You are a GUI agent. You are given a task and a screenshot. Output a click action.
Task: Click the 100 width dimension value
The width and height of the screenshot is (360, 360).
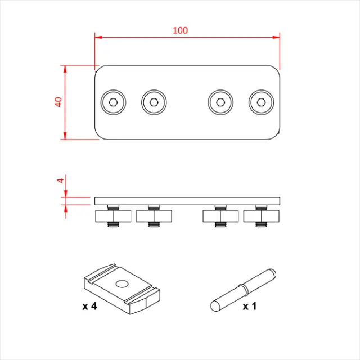pyautogui.click(x=180, y=30)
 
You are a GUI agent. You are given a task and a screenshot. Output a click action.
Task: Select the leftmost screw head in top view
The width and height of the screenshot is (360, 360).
pyautogui.click(x=113, y=102)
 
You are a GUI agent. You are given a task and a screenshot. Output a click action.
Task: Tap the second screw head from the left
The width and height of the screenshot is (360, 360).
pyautogui.click(x=154, y=102)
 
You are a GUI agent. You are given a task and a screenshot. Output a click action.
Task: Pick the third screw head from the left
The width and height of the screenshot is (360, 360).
pyautogui.click(x=220, y=102)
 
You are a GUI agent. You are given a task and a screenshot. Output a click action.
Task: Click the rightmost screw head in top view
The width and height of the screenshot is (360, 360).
pyautogui.click(x=261, y=102)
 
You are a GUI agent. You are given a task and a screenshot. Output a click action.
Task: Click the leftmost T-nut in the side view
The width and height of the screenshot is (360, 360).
pyautogui.click(x=113, y=216)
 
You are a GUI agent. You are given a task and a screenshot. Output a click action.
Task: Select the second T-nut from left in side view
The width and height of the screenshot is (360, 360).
pyautogui.click(x=154, y=216)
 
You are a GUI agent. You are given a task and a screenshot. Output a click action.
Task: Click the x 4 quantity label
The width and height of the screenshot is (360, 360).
pyautogui.click(x=91, y=307)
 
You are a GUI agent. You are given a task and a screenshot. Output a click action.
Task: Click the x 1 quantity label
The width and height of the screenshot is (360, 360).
pyautogui.click(x=250, y=307)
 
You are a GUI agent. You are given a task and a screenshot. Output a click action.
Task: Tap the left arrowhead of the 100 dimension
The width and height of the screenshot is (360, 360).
pyautogui.click(x=98, y=38)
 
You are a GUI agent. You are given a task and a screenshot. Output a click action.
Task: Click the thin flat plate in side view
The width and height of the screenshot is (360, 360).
pyautogui.click(x=187, y=200)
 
